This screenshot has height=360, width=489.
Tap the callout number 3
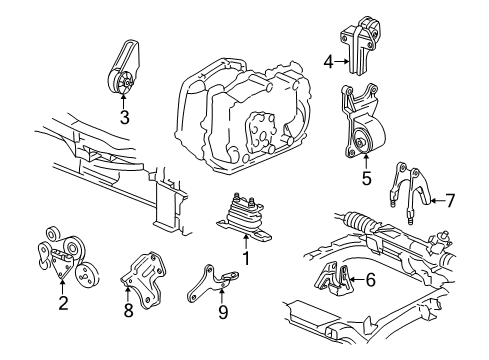(x=123, y=118)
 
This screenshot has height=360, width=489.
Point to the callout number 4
(x=328, y=62)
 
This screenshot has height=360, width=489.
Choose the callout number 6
(x=370, y=281)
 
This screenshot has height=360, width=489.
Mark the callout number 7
(x=449, y=201)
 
